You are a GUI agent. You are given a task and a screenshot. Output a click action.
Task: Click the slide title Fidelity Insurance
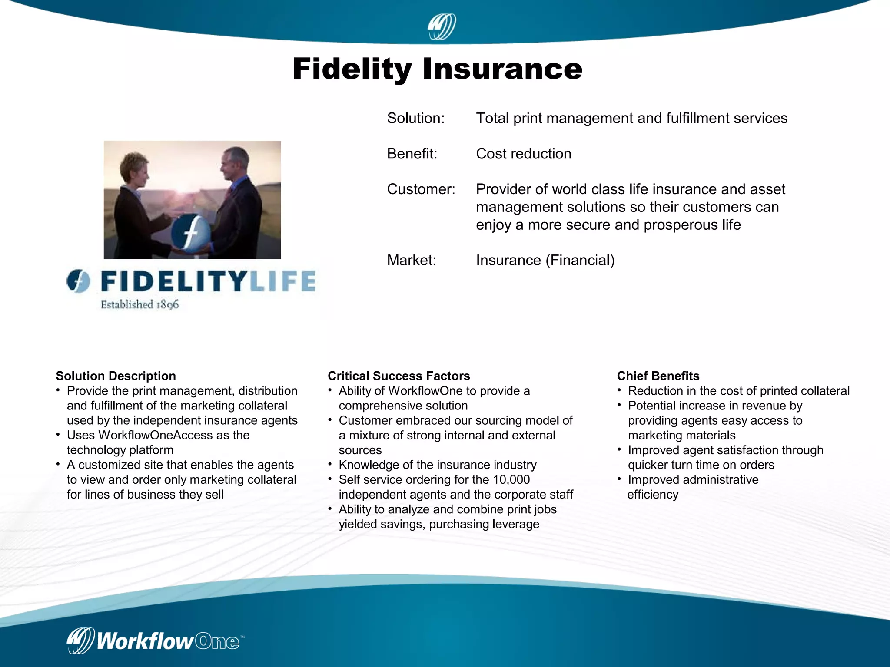click(x=437, y=69)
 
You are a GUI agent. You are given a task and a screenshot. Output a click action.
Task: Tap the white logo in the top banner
click(x=442, y=27)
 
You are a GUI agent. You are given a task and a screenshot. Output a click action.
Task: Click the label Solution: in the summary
click(x=415, y=118)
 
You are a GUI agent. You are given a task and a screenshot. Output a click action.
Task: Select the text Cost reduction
click(x=523, y=154)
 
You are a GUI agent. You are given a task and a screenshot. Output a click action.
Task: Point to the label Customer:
click(x=421, y=189)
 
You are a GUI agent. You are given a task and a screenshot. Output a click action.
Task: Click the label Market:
click(x=411, y=260)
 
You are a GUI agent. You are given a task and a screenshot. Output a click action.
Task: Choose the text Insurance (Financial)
click(x=545, y=260)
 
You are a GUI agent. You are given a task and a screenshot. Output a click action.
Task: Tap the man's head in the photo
click(x=235, y=162)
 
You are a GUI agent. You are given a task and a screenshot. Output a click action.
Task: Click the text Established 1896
click(x=139, y=304)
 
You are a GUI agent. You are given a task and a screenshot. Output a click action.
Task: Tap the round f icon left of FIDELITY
click(x=78, y=281)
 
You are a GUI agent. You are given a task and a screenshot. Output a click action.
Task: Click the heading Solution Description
click(x=116, y=376)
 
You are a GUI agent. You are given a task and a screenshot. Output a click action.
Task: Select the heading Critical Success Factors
click(x=399, y=376)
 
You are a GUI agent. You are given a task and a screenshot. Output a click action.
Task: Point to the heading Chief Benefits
click(x=658, y=376)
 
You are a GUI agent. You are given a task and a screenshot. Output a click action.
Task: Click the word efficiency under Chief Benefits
click(x=652, y=494)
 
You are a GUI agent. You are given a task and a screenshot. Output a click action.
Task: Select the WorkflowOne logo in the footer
click(x=155, y=641)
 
